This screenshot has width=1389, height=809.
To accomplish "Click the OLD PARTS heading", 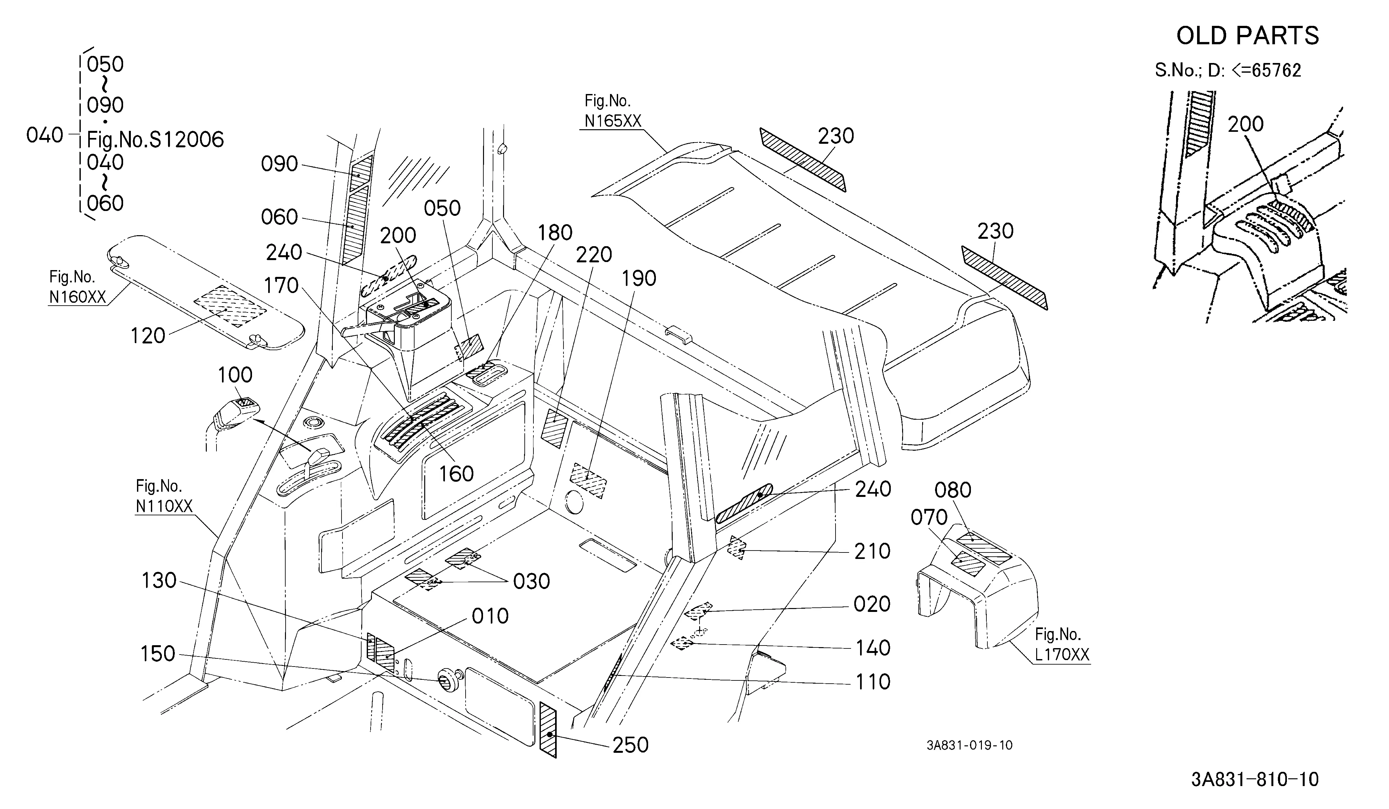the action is pos(1247,36).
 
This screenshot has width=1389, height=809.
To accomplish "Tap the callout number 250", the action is pos(631,745).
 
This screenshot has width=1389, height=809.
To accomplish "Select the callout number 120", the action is pos(148,336).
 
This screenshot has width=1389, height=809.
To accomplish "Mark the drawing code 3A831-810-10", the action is pos(1255,780).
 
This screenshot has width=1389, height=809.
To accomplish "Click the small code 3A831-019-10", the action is pos(970,745).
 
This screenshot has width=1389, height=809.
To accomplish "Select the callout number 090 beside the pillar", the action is pos(279,164).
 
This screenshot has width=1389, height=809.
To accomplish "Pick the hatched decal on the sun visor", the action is pos(230,306).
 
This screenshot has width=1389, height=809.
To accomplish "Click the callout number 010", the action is pos(490,616).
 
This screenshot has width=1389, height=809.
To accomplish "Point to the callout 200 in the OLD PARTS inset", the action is pos(1246,124).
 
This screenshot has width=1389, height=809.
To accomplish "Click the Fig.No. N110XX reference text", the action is pos(164,496).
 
